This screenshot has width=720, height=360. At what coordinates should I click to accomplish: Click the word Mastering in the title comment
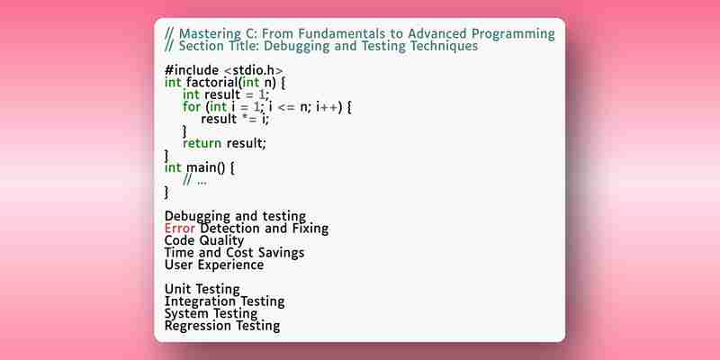pyautogui.click(x=210, y=34)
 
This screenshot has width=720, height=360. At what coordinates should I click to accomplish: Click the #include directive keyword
pyautogui.click(x=192, y=70)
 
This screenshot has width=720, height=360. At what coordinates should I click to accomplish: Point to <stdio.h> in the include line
pyautogui.click(x=254, y=70)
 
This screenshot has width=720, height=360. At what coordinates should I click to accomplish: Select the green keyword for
pyautogui.click(x=192, y=107)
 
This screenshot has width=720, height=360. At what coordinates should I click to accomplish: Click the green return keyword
pyautogui.click(x=202, y=143)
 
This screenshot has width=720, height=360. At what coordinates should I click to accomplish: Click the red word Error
pyautogui.click(x=180, y=229)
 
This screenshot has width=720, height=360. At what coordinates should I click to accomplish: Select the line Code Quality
pyautogui.click(x=204, y=240)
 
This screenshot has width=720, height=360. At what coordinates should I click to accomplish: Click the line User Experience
pyautogui.click(x=214, y=265)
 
